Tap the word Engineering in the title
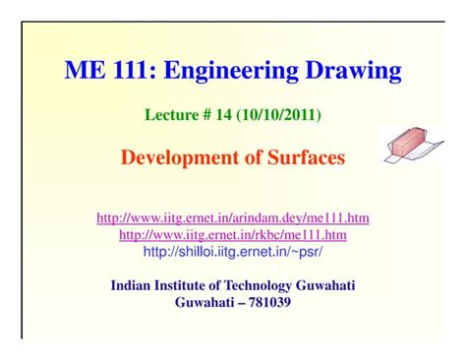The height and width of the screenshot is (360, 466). pos(214,71)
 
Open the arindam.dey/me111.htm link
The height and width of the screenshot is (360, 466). pos(233,217)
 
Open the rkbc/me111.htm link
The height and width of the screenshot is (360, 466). pos(233,234)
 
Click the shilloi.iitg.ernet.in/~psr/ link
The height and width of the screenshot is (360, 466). pos(233,252)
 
